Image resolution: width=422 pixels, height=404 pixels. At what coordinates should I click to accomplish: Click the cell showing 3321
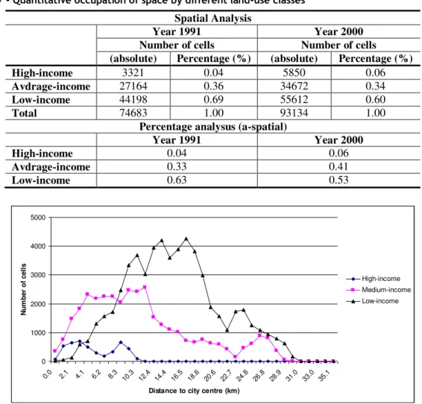(133, 72)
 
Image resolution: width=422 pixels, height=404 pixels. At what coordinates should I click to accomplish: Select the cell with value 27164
(133, 86)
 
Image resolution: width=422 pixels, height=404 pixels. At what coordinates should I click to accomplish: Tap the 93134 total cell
(294, 113)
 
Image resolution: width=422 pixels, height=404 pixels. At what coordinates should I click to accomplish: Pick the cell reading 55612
(294, 100)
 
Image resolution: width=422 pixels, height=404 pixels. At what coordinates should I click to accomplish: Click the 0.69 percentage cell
(213, 100)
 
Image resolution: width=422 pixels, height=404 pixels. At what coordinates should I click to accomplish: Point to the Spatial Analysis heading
(213, 19)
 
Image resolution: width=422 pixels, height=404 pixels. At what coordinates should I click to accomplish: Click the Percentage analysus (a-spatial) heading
(213, 127)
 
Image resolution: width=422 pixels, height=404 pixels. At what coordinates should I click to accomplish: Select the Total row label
(24, 113)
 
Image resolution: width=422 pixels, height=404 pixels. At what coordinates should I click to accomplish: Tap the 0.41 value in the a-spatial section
(338, 167)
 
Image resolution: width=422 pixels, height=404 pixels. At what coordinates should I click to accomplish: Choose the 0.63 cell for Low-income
(177, 180)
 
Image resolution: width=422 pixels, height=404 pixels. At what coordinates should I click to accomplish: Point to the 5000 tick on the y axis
(38, 218)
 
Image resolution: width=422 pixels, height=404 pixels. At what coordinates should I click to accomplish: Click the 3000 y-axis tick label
(38, 275)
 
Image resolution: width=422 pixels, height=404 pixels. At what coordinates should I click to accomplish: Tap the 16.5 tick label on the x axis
(177, 375)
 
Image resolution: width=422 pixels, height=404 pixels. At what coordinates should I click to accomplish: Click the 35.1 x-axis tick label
(324, 375)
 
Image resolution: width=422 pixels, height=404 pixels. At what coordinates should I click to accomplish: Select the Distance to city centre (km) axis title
(194, 391)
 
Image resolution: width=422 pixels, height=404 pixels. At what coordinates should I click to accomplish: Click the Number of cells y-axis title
(24, 289)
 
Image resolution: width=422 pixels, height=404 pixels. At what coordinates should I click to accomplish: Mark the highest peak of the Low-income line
(186, 239)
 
